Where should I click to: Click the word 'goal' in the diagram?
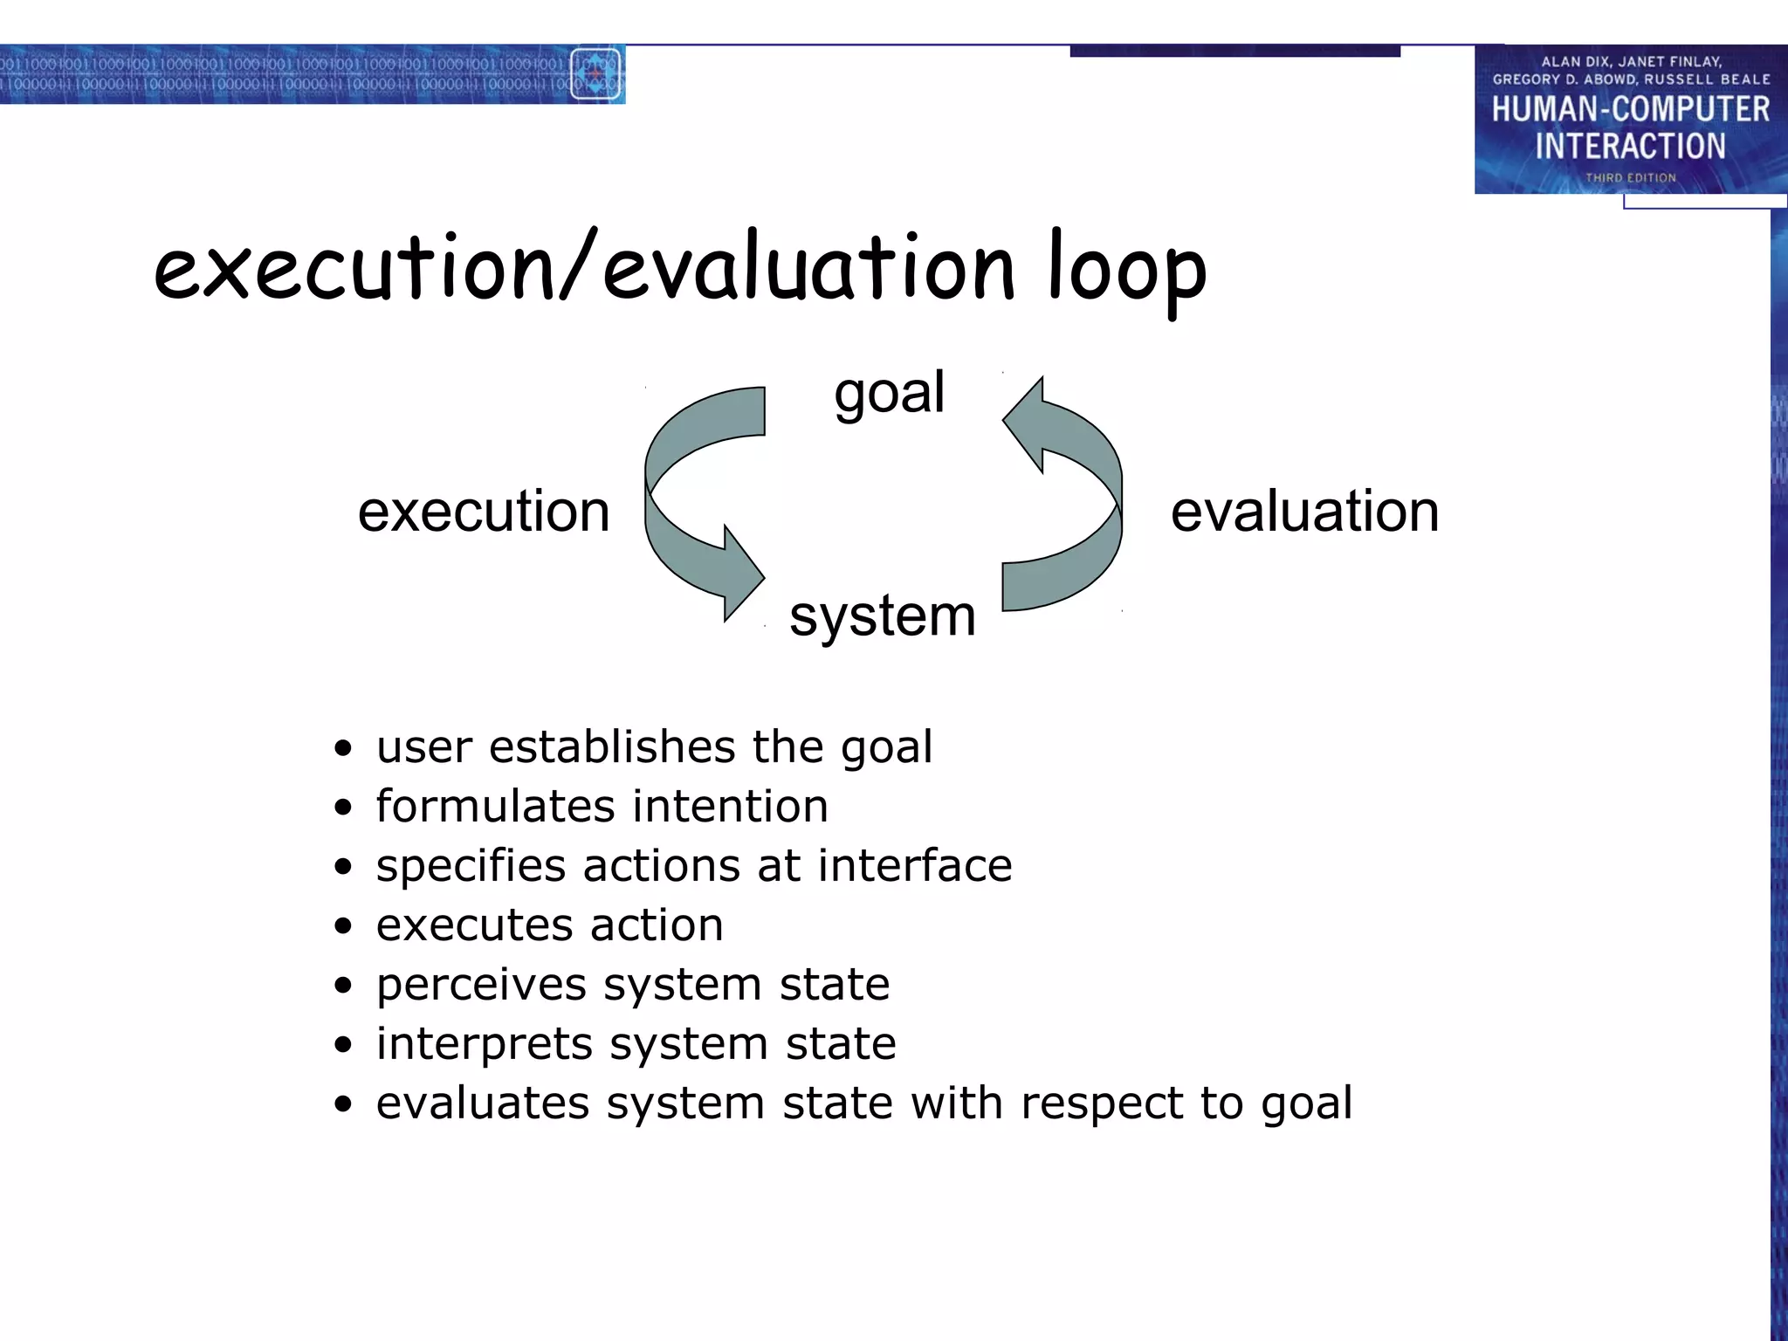pos(889,394)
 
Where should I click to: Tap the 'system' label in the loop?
pos(882,616)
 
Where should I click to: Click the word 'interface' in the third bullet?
pos(914,866)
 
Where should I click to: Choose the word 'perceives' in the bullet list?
pos(481,986)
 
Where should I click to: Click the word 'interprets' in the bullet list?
pos(483,1044)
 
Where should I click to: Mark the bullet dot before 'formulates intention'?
pos(343,808)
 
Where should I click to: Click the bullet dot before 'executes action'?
pos(343,926)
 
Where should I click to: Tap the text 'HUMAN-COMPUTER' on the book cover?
pos(1630,109)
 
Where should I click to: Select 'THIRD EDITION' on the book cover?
pos(1630,177)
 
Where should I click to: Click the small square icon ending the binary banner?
pos(595,74)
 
